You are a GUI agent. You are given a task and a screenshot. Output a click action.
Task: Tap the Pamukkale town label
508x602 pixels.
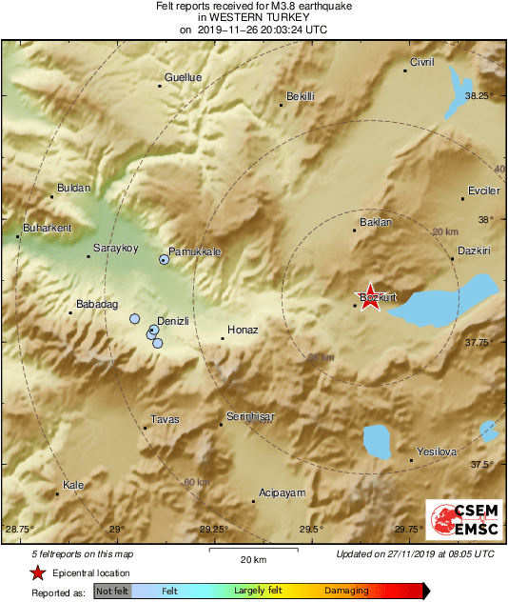pos(195,251)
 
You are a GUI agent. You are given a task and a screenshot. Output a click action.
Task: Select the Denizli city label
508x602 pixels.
pos(172,322)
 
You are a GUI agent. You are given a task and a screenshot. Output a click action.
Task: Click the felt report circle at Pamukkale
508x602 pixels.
pos(165,259)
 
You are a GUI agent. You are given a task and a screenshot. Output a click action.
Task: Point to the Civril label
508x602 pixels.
pos(421,62)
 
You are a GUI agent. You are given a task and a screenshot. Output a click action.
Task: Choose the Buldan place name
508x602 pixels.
pos(73,189)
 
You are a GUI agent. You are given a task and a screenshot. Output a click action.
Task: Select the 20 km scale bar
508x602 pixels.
pos(252,552)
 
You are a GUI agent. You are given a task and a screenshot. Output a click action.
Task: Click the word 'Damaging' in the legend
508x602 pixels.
pos(346,592)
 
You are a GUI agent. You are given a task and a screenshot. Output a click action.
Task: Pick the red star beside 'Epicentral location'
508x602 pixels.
pos(37,573)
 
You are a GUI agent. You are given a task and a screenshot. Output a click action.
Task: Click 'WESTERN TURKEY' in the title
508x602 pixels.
pos(254,17)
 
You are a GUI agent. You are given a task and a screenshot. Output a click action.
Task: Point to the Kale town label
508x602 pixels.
pos(73,486)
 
